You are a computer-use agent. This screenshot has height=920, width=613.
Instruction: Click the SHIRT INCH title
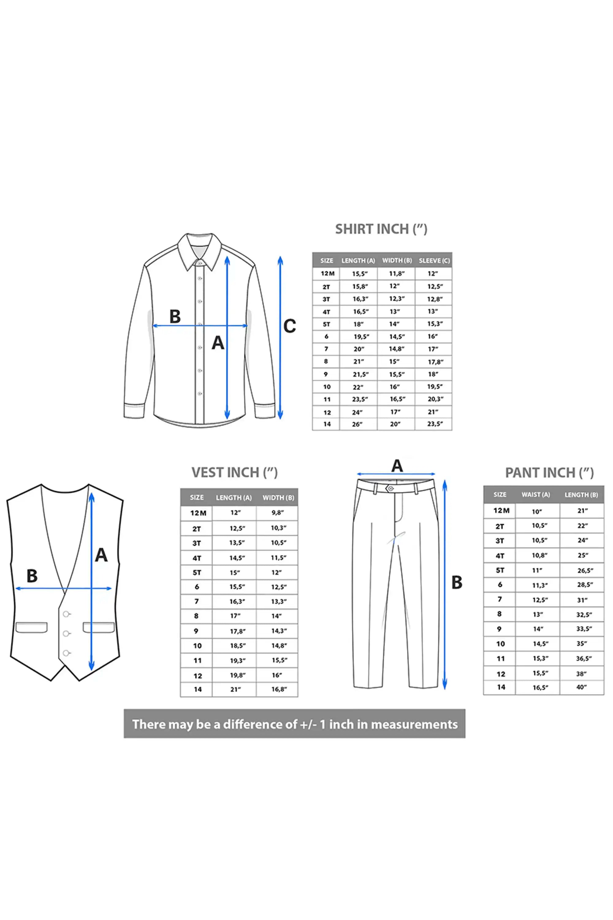381,229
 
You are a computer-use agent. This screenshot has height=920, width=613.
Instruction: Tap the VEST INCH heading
234,472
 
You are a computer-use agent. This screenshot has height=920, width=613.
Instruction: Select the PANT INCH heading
549,473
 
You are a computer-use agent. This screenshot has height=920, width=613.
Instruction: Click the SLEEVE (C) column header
434,260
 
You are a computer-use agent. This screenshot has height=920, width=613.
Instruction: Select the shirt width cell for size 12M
396,274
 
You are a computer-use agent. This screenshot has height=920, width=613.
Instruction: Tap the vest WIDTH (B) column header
278,497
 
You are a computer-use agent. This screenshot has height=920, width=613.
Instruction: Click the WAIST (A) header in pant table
535,495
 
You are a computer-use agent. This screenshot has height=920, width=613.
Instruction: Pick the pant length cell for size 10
582,643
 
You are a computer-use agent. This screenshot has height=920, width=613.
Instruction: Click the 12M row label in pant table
501,511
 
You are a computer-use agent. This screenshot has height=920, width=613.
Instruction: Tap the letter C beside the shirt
290,326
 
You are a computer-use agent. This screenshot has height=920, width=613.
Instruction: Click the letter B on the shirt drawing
175,316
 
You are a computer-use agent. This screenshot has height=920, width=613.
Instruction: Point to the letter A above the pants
397,466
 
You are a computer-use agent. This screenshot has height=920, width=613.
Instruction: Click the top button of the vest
67,614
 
